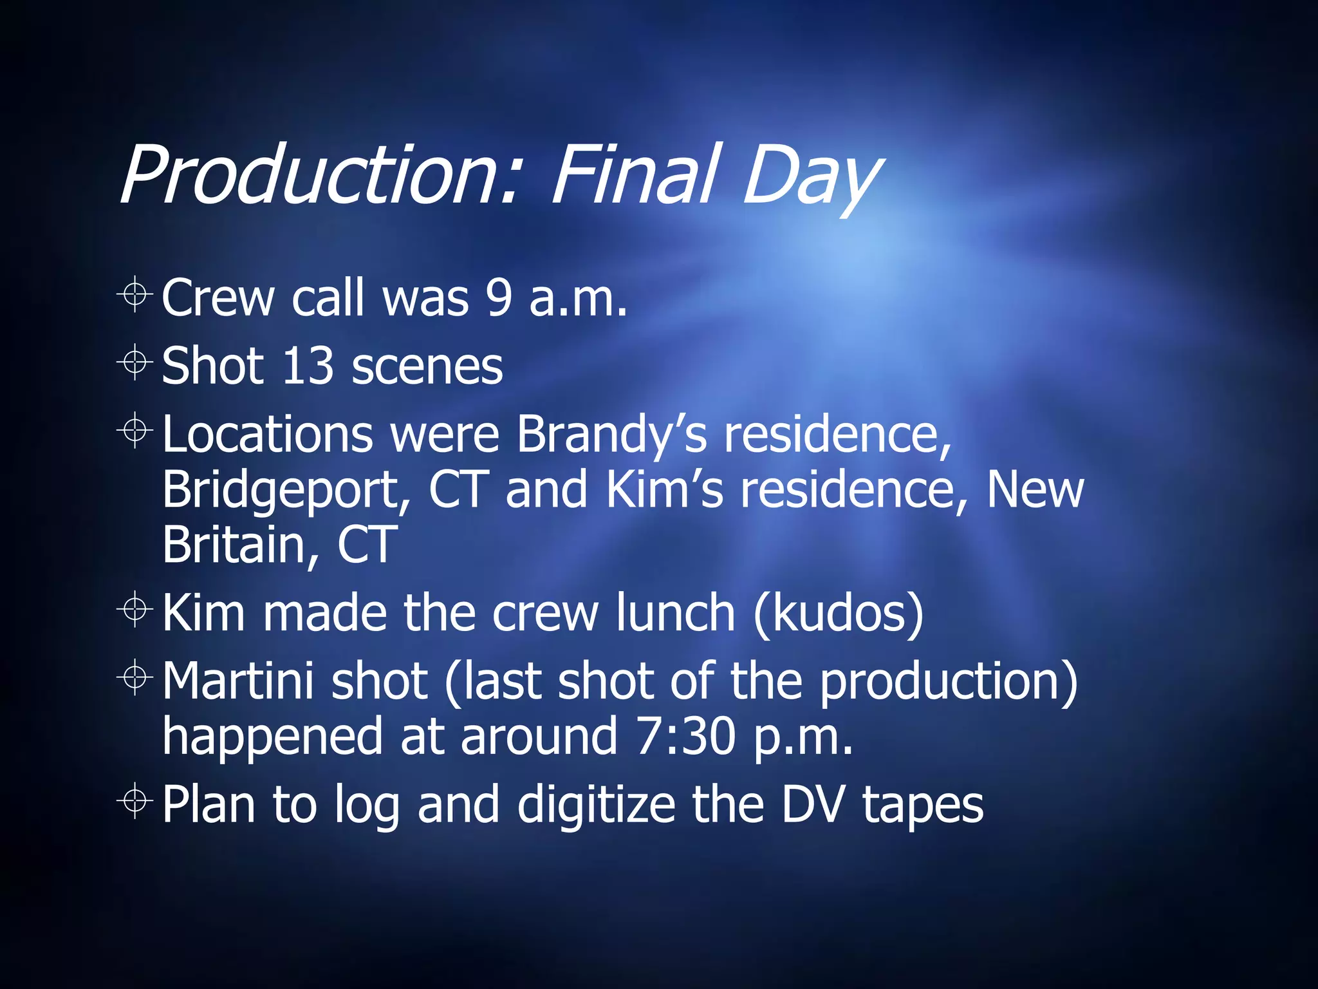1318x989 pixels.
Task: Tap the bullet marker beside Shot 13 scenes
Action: pos(135,363)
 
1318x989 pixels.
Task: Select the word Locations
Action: pos(267,434)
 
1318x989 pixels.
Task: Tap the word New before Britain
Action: pos(1035,489)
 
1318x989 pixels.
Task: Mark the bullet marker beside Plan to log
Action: pos(135,802)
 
